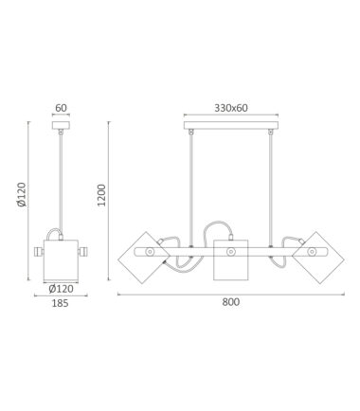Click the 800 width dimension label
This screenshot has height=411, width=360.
pos(231,302)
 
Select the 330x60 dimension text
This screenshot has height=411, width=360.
pos(231,108)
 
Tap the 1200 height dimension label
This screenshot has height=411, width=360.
pos(101,195)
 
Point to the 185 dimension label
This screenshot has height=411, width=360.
pos(60,303)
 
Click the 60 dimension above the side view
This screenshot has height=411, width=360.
pos(61,108)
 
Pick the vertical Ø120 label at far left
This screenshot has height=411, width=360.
pos(21,194)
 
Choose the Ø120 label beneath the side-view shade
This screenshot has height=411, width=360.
pos(62,289)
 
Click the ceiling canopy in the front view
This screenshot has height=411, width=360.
pos(231,125)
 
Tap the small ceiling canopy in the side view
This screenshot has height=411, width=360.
pos(61,125)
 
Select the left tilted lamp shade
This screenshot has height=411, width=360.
pos(144,258)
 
